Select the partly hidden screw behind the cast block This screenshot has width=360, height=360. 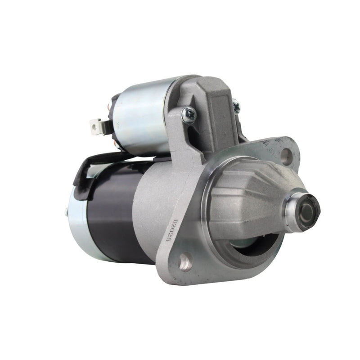pos(236,106)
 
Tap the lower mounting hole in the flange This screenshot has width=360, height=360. pos(185,262)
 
